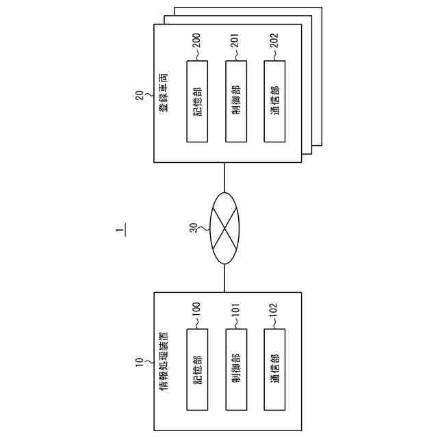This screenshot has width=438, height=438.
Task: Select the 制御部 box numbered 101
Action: click(x=235, y=370)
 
